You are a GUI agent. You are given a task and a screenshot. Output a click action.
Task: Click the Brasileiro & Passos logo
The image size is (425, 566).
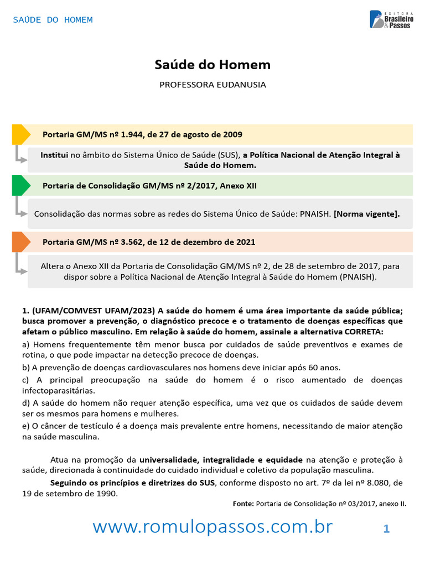coord(390,19)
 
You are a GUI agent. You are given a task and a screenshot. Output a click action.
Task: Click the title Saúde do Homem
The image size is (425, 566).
coord(212,65)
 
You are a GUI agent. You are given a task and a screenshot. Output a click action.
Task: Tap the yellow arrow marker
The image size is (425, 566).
coord(20,135)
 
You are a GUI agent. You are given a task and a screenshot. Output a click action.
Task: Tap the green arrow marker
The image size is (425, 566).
coord(20,186)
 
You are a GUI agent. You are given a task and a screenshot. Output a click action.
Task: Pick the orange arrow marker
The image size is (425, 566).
coord(20,242)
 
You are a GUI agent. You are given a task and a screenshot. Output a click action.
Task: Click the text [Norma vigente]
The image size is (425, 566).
coord(366,214)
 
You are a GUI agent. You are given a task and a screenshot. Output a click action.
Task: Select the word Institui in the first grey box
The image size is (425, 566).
coord(54,155)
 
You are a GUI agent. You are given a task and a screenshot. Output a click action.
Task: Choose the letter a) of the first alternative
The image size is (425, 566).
coord(26,344)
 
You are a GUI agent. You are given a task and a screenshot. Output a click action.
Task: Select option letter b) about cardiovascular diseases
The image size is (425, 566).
coord(26,368)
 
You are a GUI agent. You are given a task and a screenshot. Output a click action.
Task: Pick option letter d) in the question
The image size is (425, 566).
coord(26,403)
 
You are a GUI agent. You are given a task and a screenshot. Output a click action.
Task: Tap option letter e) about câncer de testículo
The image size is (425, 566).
coord(26,426)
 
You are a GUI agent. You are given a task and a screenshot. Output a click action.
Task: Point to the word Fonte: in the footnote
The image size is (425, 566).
coord(243,504)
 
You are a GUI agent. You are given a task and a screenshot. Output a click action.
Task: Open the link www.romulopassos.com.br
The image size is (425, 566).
coord(212,527)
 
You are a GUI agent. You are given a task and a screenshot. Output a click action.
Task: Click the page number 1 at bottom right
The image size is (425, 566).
coord(386,529)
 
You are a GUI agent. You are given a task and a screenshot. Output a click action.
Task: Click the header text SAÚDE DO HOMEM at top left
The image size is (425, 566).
coord(53,20)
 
